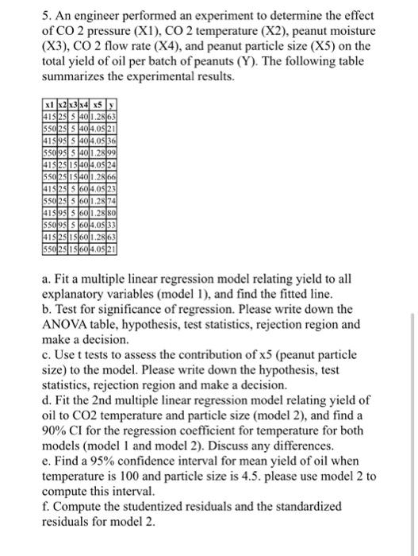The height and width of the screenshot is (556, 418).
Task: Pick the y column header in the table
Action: (111, 105)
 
